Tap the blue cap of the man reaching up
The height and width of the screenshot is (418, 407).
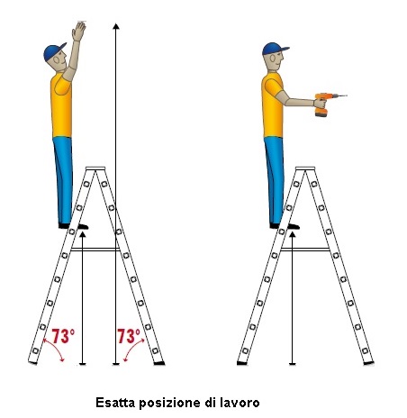coord(53,51)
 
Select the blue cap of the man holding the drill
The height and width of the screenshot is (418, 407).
coord(274,49)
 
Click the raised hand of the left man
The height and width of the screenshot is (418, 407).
coord(78,32)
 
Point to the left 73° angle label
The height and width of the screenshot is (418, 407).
coord(63,336)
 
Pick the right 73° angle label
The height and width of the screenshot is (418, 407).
coord(129,336)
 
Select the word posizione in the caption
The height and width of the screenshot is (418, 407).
coord(169,403)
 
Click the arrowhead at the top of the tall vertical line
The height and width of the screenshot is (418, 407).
coord(116,26)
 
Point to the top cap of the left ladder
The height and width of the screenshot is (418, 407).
coord(95,168)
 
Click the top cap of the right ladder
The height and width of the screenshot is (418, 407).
coord(305,168)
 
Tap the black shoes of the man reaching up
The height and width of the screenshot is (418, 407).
coord(73,226)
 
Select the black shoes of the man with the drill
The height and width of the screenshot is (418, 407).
coord(285,226)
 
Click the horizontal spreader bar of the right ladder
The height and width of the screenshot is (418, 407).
coord(305,250)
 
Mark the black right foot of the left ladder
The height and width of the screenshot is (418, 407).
coord(159,363)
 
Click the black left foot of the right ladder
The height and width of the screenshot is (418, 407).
coord(242,363)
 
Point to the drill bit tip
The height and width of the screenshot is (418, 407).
coord(347,95)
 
